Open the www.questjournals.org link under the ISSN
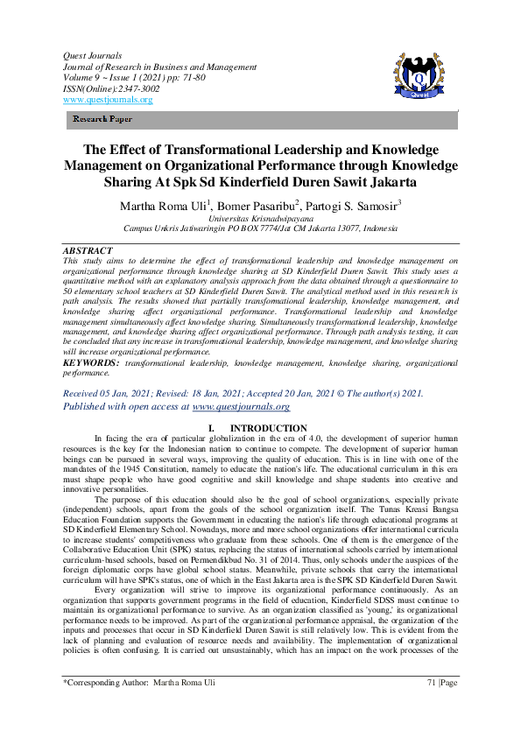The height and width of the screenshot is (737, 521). [x=107, y=100]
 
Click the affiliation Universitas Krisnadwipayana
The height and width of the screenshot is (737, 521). [x=260, y=218]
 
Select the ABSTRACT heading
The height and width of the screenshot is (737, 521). [x=88, y=250]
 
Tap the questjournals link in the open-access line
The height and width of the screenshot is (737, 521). [x=241, y=406]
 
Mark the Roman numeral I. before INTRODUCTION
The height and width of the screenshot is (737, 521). [x=209, y=428]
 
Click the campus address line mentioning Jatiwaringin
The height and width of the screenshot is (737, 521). [x=260, y=228]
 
